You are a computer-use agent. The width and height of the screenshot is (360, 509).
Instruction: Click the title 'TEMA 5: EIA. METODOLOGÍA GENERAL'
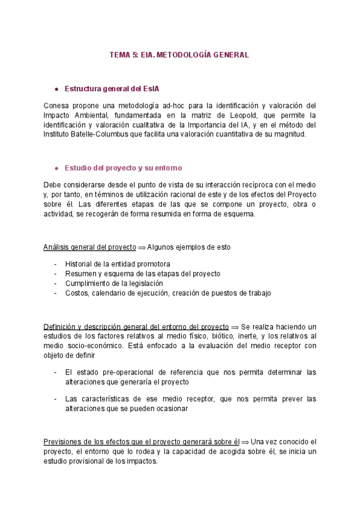(x=179, y=55)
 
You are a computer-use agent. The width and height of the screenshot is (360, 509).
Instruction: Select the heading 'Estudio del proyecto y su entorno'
(x=123, y=167)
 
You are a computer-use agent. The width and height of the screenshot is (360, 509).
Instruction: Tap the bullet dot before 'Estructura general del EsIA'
(x=56, y=89)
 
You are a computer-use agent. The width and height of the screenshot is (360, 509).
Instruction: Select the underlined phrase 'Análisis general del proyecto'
(x=90, y=247)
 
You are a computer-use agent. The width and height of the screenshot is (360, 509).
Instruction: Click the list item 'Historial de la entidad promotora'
(x=117, y=264)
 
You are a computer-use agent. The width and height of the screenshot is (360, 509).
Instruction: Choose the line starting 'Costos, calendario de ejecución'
(x=168, y=293)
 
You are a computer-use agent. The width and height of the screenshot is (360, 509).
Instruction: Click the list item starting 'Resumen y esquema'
(x=142, y=274)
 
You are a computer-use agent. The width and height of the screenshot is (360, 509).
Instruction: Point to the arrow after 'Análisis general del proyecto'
(x=142, y=247)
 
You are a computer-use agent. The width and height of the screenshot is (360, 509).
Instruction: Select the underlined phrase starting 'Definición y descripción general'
(x=136, y=326)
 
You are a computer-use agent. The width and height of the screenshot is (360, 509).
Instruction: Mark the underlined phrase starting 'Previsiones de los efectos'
(x=142, y=442)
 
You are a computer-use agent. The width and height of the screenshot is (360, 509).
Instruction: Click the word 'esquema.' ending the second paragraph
(x=241, y=214)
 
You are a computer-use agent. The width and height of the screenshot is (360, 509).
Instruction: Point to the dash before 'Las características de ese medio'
(x=56, y=399)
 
